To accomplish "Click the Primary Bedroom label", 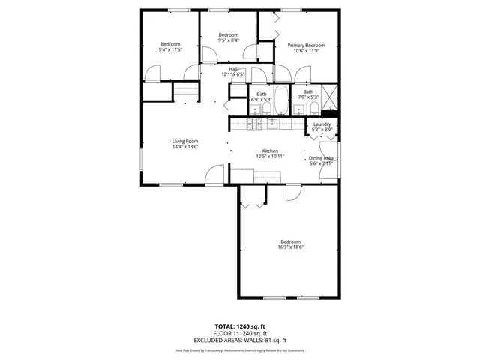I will (305, 46).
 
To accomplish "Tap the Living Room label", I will (184, 141).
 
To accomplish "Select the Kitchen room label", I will (270, 151).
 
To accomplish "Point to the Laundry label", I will (322, 124).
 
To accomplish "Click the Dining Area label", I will (321, 158).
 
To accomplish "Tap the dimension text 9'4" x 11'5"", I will (170, 50).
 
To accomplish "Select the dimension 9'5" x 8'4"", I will (228, 41).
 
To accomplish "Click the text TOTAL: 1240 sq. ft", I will (240, 326).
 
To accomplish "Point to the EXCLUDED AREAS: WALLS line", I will (240, 339).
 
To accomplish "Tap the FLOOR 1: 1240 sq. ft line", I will (240, 333).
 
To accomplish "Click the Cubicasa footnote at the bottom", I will (240, 349).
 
